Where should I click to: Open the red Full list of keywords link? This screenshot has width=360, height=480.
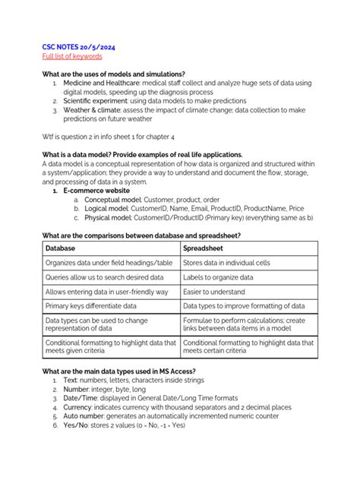[x=71, y=56]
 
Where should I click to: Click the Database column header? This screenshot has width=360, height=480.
[x=61, y=248]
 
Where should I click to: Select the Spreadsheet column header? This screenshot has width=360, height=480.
[x=207, y=248]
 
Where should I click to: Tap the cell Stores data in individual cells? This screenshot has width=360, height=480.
[x=226, y=263]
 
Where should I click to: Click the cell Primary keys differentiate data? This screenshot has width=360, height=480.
[x=90, y=306]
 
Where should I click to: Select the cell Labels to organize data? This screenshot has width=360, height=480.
[x=217, y=277]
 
